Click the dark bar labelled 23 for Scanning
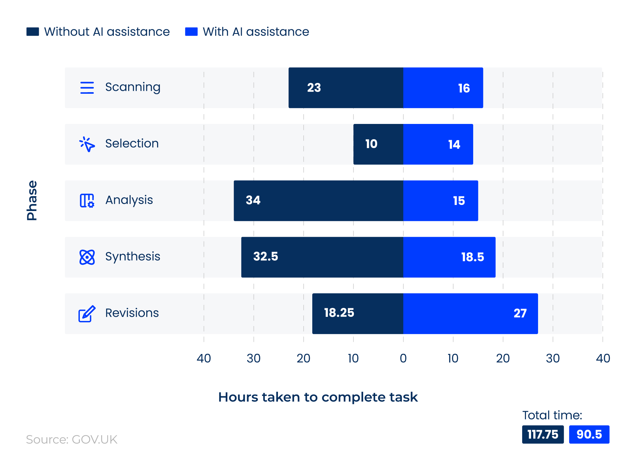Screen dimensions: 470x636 click(346, 88)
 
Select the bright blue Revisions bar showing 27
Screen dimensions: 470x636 click(470, 313)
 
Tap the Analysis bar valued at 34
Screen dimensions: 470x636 click(318, 201)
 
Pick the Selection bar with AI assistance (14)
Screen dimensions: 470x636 click(438, 144)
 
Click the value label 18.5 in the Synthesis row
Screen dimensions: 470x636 click(472, 257)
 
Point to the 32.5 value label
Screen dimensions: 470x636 click(266, 256)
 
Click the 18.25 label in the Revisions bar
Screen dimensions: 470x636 click(339, 313)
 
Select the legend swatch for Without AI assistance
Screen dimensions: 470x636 click(33, 32)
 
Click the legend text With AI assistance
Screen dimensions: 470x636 click(256, 32)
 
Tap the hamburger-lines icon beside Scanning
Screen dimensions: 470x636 click(87, 88)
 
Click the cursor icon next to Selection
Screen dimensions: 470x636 click(87, 144)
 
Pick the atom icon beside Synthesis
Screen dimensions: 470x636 click(87, 257)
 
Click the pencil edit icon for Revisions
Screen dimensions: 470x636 click(87, 314)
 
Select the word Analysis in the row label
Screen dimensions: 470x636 click(129, 200)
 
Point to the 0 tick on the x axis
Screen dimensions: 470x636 click(403, 358)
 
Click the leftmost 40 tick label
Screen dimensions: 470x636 click(204, 358)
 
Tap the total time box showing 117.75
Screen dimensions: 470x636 click(543, 434)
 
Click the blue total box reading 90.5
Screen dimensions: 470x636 click(589, 434)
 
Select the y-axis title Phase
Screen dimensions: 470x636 click(32, 201)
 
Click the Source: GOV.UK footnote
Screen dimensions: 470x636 click(72, 439)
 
